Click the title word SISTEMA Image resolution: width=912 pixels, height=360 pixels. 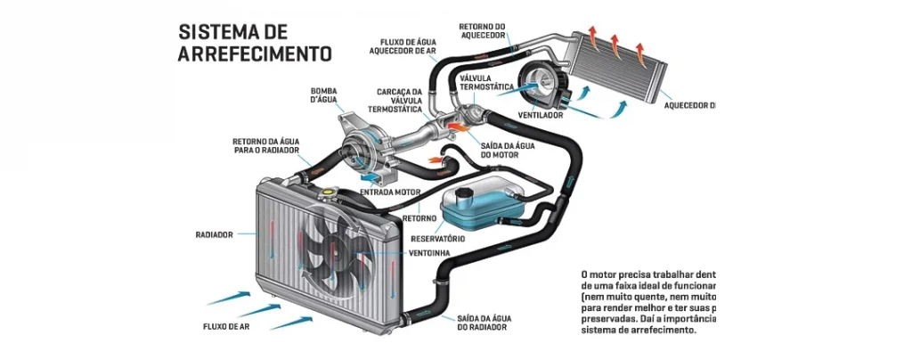click(219, 32)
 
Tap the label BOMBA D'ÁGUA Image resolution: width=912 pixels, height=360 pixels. click(324, 95)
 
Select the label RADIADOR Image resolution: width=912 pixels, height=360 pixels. click(214, 235)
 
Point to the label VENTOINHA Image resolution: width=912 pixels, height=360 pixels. click(429, 253)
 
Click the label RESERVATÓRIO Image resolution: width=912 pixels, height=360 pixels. click(437, 239)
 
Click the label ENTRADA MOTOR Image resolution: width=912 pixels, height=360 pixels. click(388, 192)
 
